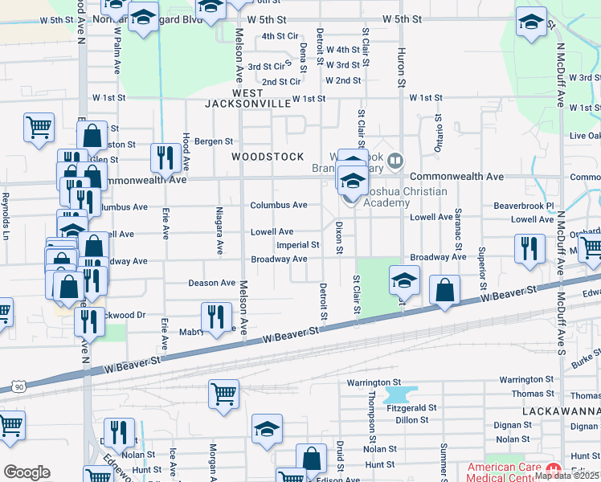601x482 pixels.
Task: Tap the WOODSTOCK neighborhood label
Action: (x=268, y=157)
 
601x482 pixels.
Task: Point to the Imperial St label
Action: (x=297, y=245)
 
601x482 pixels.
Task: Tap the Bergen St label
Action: (x=213, y=141)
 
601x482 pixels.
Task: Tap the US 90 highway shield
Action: (x=18, y=387)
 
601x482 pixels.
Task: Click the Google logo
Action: (x=27, y=472)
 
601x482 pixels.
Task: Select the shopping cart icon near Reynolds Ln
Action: (x=39, y=127)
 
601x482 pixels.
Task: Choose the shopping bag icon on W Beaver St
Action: (x=444, y=289)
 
